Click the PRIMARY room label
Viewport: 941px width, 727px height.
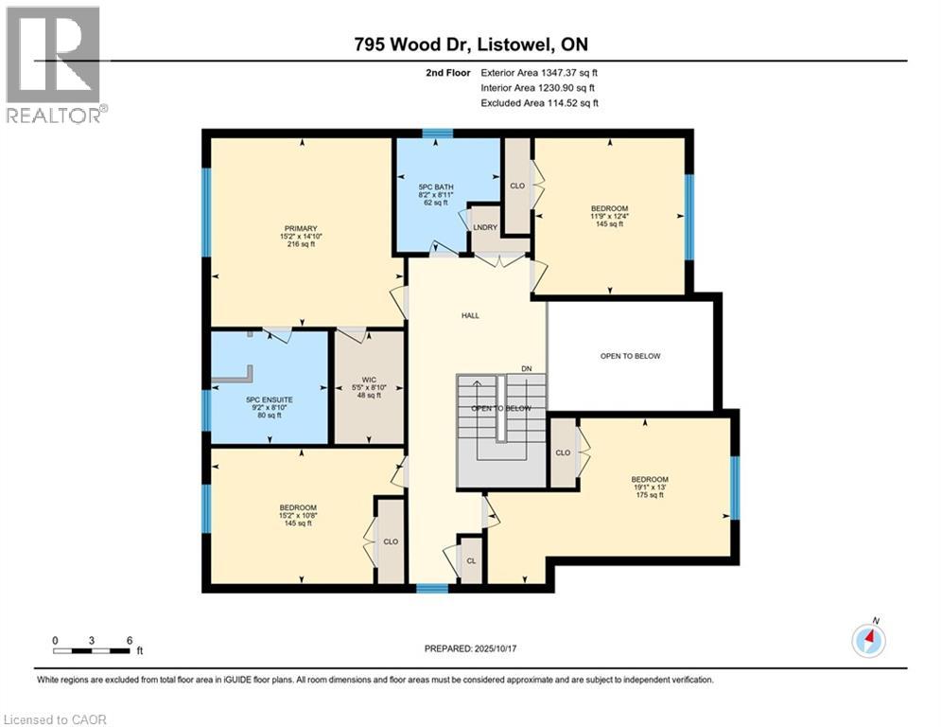pyautogui.click(x=300, y=228)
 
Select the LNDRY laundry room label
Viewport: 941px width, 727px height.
pyautogui.click(x=484, y=226)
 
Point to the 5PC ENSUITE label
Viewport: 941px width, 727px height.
pyautogui.click(x=269, y=399)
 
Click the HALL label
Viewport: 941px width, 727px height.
pyautogui.click(x=470, y=315)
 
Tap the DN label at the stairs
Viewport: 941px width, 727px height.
pyautogui.click(x=527, y=368)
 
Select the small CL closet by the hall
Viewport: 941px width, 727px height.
pyautogui.click(x=470, y=560)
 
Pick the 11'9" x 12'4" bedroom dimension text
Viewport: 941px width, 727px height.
pyautogui.click(x=609, y=216)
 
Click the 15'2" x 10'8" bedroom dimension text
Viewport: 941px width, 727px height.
pyautogui.click(x=297, y=515)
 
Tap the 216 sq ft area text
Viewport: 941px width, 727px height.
pyautogui.click(x=300, y=245)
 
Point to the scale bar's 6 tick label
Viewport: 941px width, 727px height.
pyautogui.click(x=128, y=639)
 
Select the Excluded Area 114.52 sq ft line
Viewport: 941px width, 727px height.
pyautogui.click(x=540, y=103)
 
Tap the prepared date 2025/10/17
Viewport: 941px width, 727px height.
pyautogui.click(x=470, y=648)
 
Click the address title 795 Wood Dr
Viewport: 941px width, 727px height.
pyautogui.click(x=417, y=44)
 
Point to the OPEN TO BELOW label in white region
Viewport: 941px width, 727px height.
pyautogui.click(x=630, y=356)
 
